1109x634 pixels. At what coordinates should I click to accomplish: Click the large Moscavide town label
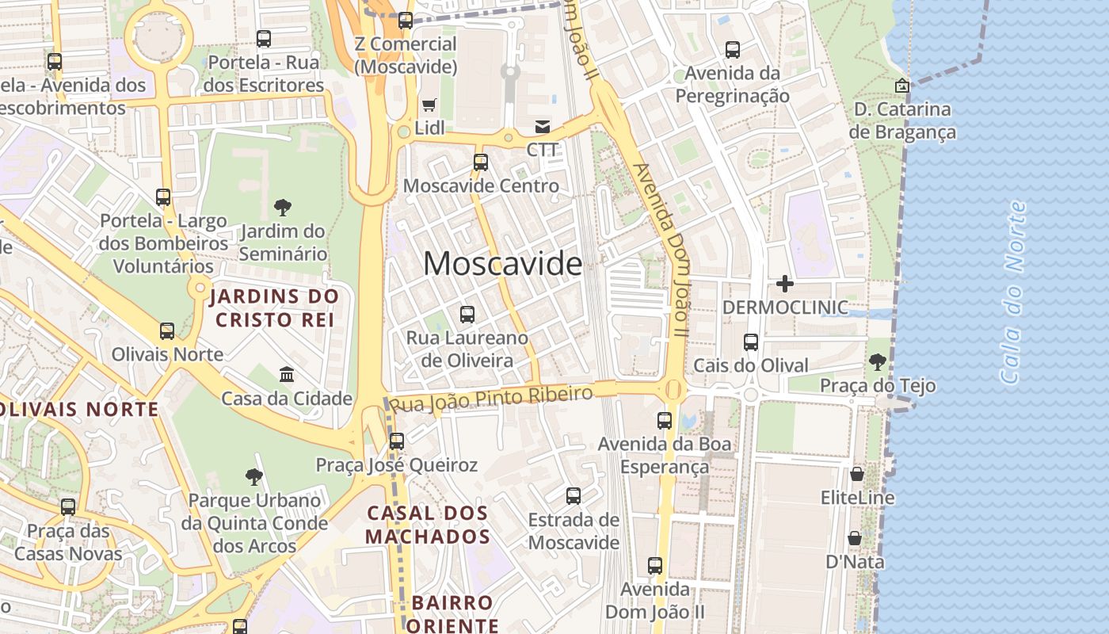(502, 263)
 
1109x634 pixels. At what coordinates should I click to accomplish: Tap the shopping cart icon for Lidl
(429, 105)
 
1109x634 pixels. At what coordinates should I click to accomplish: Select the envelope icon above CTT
(543, 126)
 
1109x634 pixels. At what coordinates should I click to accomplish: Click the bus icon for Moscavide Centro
(481, 162)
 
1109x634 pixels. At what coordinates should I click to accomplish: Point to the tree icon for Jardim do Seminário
(282, 208)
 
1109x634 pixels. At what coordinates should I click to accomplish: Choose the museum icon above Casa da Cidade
(287, 374)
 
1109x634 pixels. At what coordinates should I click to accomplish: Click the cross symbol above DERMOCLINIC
(785, 283)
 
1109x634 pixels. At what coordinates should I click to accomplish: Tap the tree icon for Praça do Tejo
(877, 362)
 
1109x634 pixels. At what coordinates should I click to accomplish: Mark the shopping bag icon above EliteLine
(856, 474)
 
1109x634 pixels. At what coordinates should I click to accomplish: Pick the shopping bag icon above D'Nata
(855, 538)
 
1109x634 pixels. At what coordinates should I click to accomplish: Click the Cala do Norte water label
(1013, 293)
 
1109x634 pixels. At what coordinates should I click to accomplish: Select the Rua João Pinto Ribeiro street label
(491, 399)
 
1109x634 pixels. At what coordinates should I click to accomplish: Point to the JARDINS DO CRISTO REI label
(274, 308)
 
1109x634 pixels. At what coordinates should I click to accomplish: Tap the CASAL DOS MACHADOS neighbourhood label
(429, 525)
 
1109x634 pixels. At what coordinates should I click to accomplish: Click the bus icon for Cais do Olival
(750, 342)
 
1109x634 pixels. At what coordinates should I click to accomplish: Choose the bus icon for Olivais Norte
(167, 330)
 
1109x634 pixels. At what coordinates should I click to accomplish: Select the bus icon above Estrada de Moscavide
(574, 496)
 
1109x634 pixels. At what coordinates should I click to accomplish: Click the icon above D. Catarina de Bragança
(901, 86)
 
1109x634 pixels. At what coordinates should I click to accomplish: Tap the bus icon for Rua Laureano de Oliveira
(467, 315)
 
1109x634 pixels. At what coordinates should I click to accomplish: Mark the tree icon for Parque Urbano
(253, 476)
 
